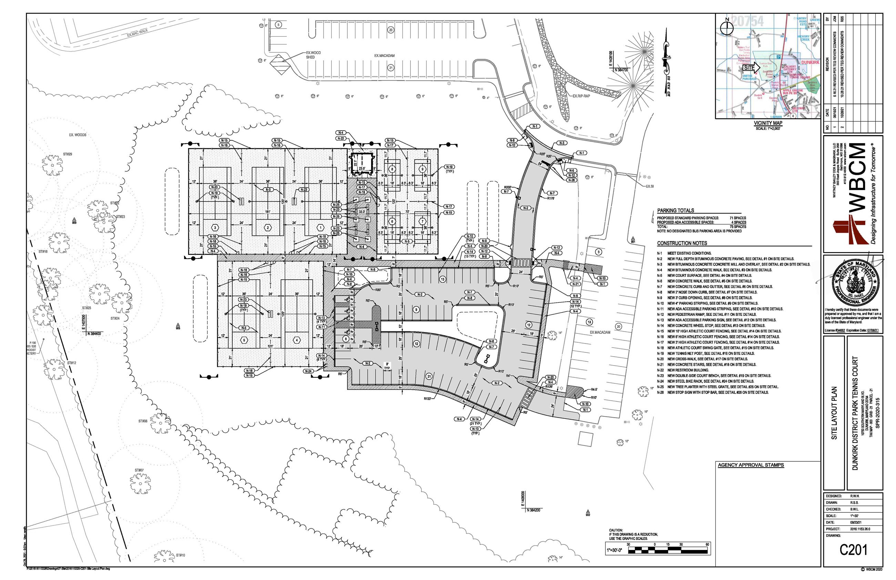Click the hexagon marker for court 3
pos(215,228)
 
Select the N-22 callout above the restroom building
pos(340,138)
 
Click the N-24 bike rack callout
pos(308,371)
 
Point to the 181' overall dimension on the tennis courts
pos(267,212)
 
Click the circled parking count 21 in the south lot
pos(429,376)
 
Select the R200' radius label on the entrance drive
pos(507,187)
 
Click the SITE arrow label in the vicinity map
pos(749,68)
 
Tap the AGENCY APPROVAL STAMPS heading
pos(750,465)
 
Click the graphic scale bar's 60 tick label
pos(707,544)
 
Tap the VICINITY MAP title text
pos(768,123)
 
